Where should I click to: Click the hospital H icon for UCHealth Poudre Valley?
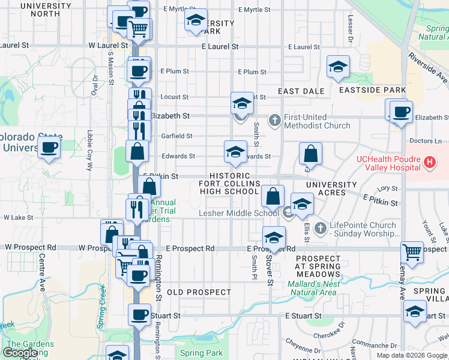point(430,161)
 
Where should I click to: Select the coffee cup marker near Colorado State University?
point(49,147)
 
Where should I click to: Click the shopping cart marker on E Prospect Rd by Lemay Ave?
point(412,252)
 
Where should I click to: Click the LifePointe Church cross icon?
point(320,228)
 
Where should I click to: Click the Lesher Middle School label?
point(239,212)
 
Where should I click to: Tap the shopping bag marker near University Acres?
point(311,154)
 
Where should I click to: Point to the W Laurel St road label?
point(109,45)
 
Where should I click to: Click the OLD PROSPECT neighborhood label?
point(199,292)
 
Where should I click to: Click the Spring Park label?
point(201,353)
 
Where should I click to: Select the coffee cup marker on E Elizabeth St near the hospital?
point(401,112)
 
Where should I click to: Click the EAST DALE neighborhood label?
point(301,91)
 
